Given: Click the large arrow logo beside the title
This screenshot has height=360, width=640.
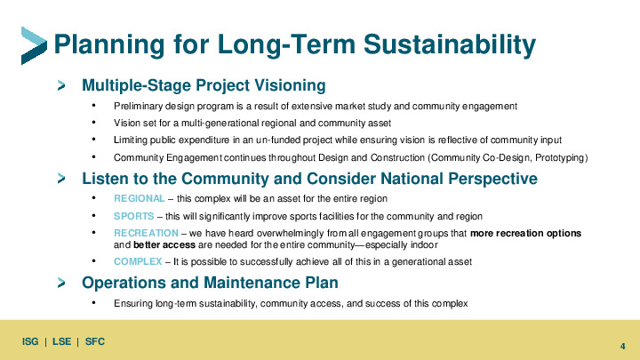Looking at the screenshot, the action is coord(34,45).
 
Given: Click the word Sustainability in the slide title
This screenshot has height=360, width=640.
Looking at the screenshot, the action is coord(450,44).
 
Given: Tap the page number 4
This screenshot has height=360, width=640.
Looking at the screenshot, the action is coord(622,346).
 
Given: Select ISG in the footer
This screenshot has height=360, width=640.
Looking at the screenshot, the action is coord(30,341).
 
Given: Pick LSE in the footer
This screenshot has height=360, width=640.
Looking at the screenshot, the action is coord(61,341).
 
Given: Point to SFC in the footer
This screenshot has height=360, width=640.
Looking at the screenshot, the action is coord(95,341).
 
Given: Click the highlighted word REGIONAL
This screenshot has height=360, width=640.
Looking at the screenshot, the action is coord(140,199).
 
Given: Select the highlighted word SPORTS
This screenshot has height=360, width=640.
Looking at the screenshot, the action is coord(134,216).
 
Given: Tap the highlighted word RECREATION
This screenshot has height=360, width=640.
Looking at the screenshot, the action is coord(146,233).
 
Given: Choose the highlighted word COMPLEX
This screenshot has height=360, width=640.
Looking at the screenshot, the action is coord(138,261).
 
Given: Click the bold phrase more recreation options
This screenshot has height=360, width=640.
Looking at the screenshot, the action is coord(525,233).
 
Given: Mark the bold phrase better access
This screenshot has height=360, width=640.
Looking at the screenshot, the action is coord(164,245).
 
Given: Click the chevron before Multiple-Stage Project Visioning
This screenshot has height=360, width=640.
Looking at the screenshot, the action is coord(61,85).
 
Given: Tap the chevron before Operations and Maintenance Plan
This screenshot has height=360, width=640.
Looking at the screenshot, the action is coord(61,283).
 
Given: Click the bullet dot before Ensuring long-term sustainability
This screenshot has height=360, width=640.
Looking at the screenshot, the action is coord(94,302).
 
